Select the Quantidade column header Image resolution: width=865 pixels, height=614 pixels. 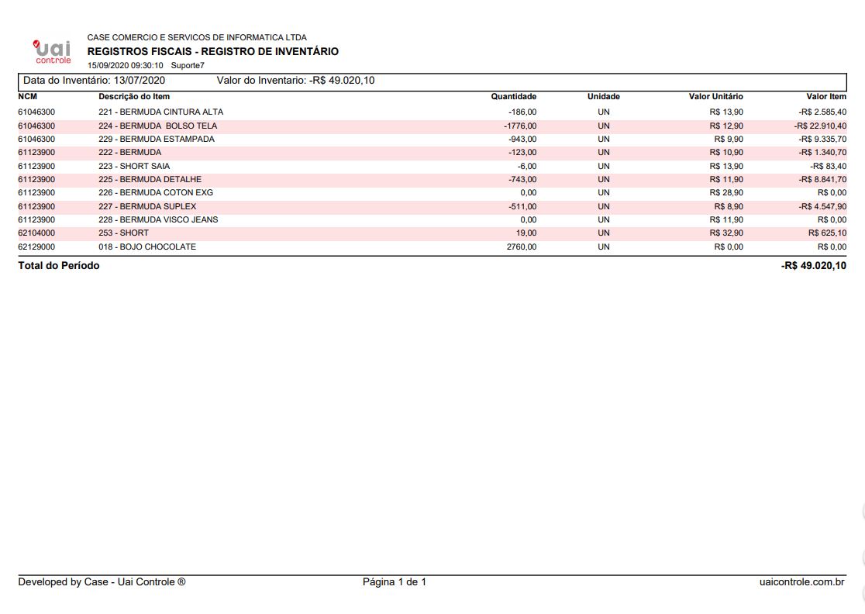(513, 97)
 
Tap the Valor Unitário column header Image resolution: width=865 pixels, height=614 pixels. (715, 97)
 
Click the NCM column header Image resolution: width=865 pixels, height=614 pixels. (28, 97)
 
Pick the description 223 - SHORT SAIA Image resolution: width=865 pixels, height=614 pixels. (134, 166)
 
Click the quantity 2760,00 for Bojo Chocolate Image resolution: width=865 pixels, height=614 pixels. (521, 247)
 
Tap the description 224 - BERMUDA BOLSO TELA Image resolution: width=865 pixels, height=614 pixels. (157, 126)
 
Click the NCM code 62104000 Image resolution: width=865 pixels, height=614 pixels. (36, 233)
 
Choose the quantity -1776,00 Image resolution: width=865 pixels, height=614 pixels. (519, 126)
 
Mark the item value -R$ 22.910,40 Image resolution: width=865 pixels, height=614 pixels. (820, 126)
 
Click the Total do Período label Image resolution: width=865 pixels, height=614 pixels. (59, 266)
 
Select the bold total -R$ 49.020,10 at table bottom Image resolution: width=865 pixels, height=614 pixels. (814, 266)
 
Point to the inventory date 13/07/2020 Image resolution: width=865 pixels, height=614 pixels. (139, 81)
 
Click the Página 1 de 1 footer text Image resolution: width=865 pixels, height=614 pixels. (395, 582)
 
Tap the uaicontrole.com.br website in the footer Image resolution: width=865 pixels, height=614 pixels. (803, 582)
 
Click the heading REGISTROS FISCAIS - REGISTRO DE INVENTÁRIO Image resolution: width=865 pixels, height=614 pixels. (213, 52)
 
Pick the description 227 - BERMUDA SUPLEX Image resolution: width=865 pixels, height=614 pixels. (147, 206)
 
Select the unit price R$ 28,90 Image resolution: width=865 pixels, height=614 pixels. (726, 192)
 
